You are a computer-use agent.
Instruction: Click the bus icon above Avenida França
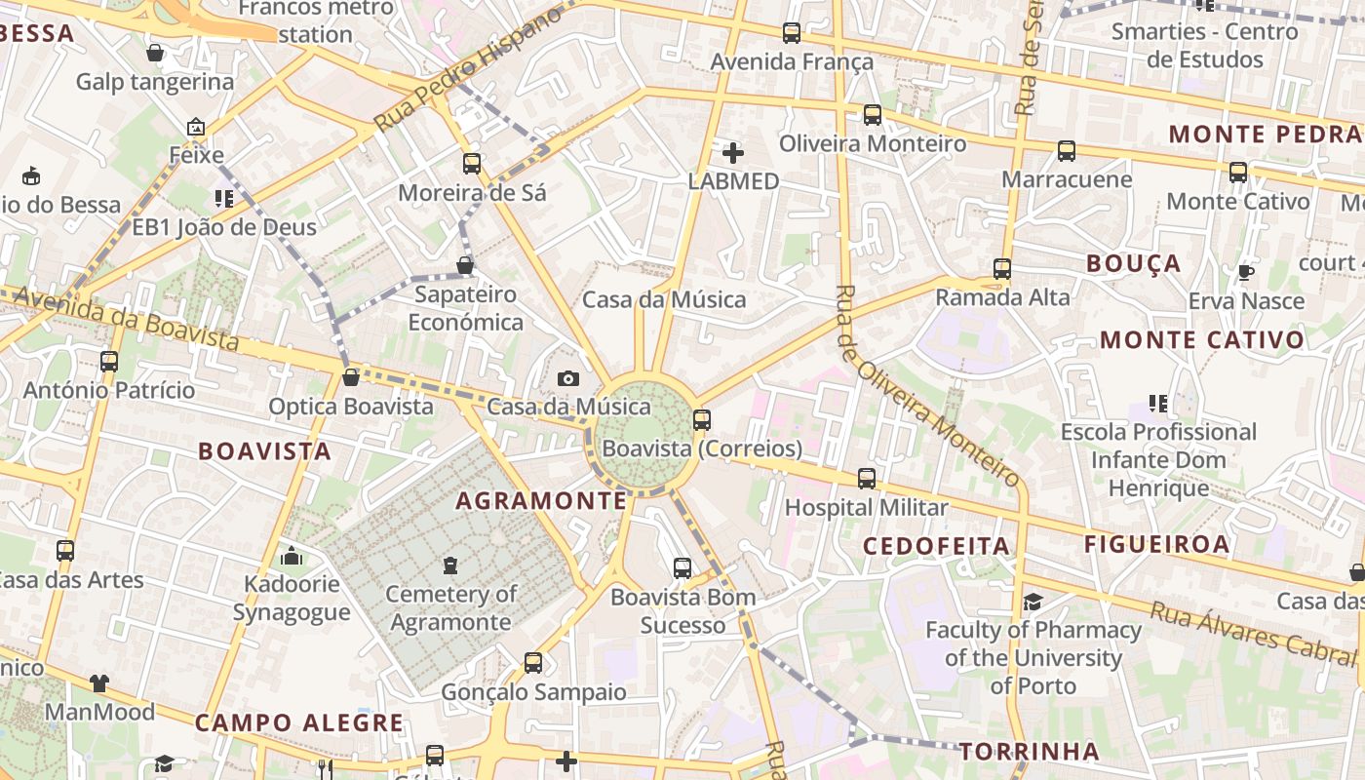point(792,32)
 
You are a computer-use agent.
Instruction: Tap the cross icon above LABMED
point(733,152)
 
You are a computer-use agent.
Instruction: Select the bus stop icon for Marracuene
point(1067,151)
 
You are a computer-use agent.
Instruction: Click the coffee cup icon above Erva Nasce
point(1245,272)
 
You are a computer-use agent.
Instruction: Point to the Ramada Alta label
point(1002,297)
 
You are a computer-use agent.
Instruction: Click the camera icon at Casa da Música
point(568,378)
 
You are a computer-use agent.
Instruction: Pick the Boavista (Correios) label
point(702,449)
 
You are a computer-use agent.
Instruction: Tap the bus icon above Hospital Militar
point(867,479)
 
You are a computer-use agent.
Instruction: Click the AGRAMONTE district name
point(541,501)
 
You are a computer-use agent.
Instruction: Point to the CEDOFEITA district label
point(937,546)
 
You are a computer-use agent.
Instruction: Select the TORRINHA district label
point(1030,752)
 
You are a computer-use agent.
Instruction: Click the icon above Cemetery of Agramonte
point(450,565)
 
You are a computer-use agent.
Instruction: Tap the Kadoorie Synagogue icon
point(292,556)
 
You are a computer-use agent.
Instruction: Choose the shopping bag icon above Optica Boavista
point(351,377)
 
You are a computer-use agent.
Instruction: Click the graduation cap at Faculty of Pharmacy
point(1033,602)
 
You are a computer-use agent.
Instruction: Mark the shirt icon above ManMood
point(99,682)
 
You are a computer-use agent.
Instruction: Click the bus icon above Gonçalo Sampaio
point(533,663)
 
